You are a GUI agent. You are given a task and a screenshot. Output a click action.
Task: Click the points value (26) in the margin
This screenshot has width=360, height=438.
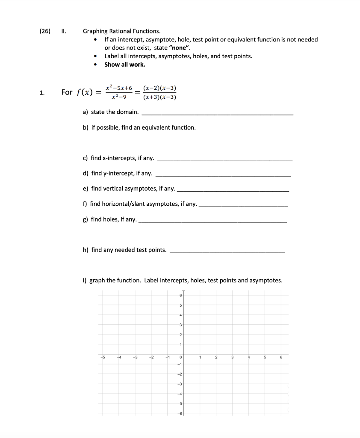pyautogui.click(x=45, y=31)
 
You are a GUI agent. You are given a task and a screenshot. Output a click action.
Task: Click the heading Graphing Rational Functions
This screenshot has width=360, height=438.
pyautogui.click(x=122, y=31)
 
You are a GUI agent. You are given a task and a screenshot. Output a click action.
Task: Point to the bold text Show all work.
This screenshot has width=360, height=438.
pyautogui.click(x=125, y=65)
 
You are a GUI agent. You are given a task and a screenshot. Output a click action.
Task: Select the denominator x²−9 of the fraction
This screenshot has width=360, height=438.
pyautogui.click(x=119, y=97)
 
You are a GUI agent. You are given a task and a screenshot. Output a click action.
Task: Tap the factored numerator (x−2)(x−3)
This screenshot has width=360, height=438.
pyautogui.click(x=160, y=88)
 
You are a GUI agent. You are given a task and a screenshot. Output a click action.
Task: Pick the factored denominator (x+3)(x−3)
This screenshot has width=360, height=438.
pyautogui.click(x=160, y=97)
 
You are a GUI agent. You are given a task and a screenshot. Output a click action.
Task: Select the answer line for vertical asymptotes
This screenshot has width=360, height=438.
pyautogui.click(x=233, y=190)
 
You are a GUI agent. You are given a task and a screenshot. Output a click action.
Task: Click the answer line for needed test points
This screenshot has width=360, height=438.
pyautogui.click(x=227, y=252)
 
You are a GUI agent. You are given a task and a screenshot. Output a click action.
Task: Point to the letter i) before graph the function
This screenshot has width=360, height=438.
pyautogui.click(x=85, y=281)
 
